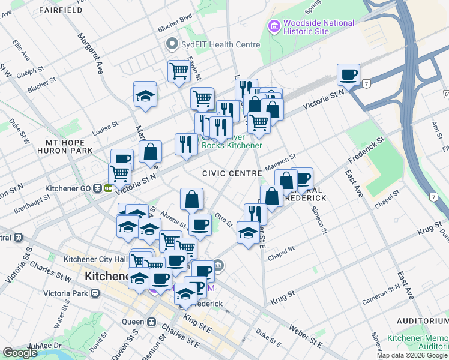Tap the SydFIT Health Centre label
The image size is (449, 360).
coord(221,44)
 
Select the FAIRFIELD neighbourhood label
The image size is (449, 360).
coord(61,10)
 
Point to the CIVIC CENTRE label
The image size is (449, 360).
coord(232,173)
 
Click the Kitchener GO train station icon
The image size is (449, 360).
coord(97,188)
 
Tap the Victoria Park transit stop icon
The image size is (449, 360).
coord(95,293)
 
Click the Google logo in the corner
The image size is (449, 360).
coord(20,353)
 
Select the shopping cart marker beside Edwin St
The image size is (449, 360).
coord(179,72)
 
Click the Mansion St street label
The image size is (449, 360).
coord(280,161)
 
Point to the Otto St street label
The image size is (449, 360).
coord(223,220)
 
